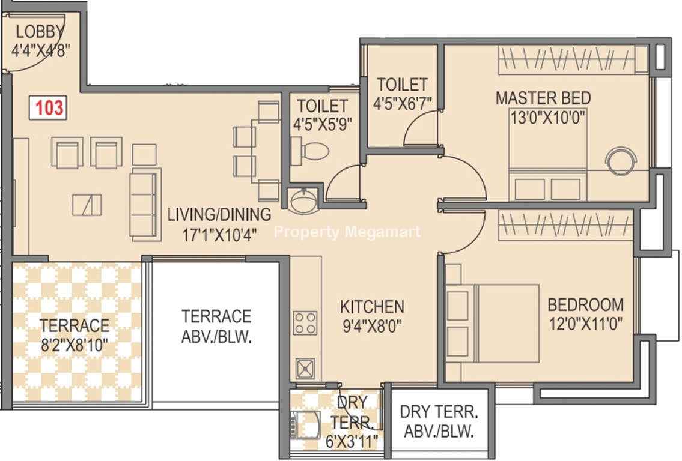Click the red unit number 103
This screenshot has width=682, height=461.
[x=49, y=107]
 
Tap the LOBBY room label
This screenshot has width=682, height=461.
[x=40, y=32]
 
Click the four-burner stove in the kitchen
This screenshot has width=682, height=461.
[x=305, y=323]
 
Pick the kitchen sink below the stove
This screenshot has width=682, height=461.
[x=306, y=369]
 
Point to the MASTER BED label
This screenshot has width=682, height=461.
[x=543, y=98]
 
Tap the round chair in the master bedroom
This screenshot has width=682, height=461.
[x=621, y=161]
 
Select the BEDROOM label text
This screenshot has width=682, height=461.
[x=585, y=304]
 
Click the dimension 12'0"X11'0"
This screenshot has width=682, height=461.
[x=586, y=324]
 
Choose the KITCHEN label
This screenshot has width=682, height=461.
[x=372, y=307]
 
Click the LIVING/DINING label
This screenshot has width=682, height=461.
[x=219, y=215]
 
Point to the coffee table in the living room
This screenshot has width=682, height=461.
[x=87, y=205]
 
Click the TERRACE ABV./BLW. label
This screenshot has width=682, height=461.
[x=216, y=326]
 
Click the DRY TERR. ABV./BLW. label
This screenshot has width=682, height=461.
[x=439, y=421]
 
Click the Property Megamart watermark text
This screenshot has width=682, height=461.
[x=347, y=232]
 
